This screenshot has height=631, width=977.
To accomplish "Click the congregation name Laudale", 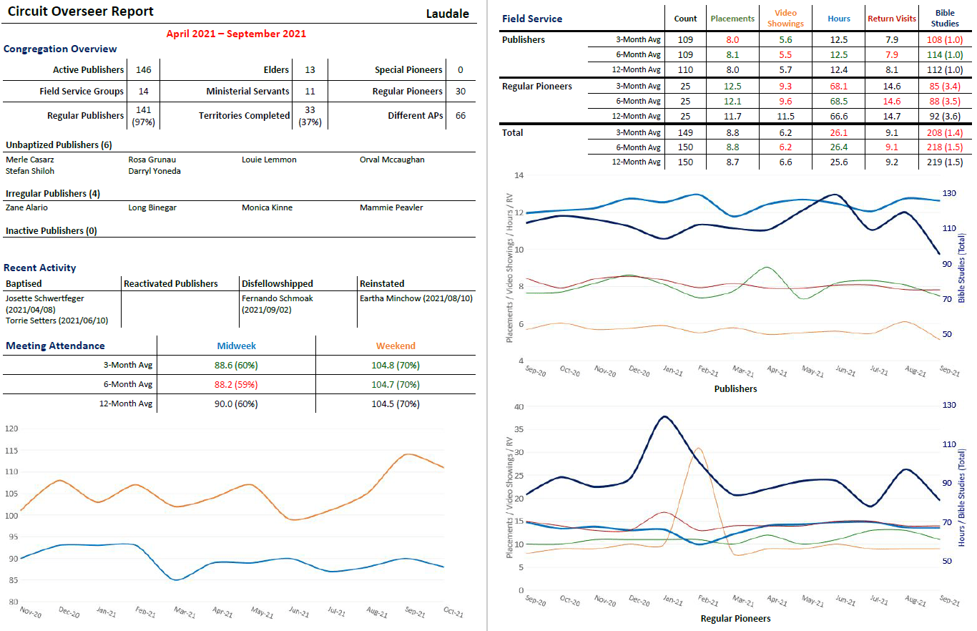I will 447,14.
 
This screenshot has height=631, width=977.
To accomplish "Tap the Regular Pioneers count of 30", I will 460,92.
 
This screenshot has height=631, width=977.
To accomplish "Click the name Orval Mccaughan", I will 392,160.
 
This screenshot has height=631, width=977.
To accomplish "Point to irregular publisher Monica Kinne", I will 267,207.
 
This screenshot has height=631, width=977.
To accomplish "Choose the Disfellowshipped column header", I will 278,283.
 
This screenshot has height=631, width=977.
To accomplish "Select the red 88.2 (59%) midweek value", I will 236,384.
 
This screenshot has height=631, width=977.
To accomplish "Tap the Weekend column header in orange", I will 396,346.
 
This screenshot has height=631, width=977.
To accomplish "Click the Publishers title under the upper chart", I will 735,389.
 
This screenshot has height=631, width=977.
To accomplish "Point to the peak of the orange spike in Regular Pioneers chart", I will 698,449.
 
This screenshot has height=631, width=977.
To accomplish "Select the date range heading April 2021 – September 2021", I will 236,34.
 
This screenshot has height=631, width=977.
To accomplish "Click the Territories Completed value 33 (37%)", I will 310,115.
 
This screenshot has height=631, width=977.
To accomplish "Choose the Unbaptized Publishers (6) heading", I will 59,145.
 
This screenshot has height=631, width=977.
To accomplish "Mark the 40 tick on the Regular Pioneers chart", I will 519,406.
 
